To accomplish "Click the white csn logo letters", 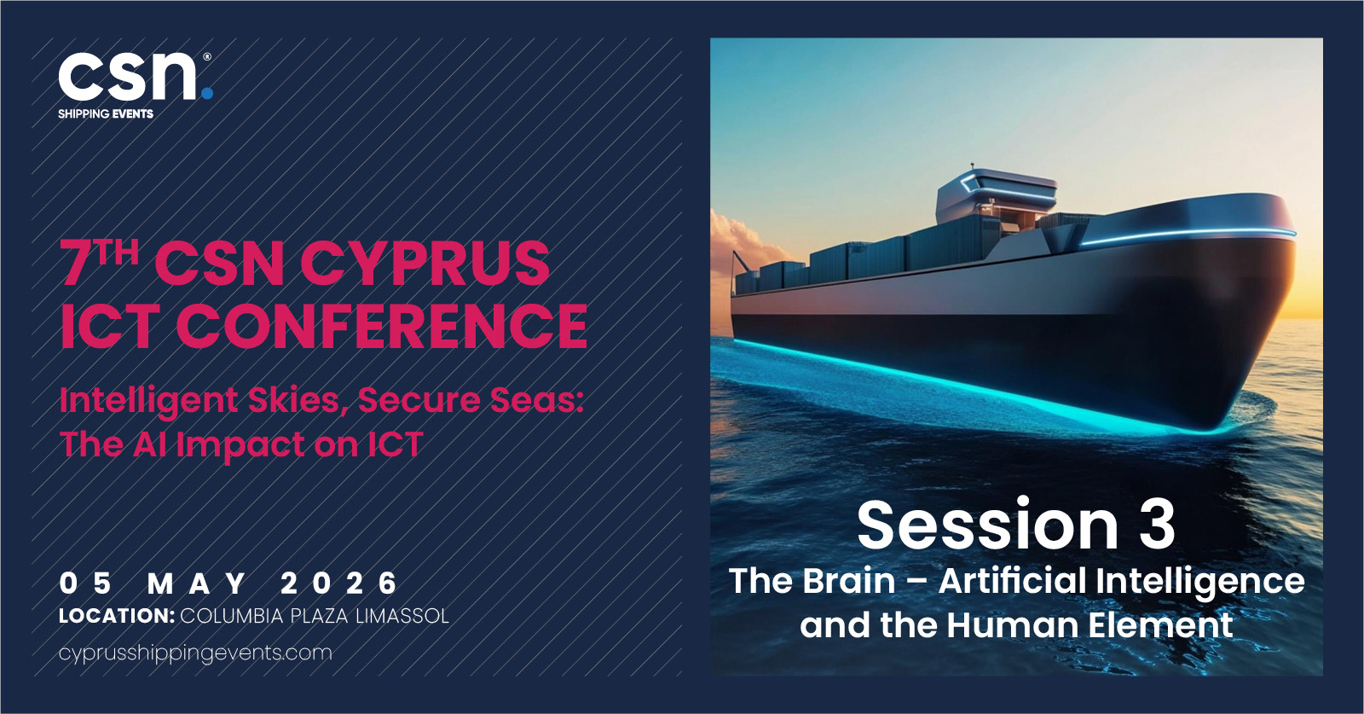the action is click(128, 76).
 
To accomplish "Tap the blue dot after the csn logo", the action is click(207, 93).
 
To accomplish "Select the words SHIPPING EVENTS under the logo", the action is click(106, 114).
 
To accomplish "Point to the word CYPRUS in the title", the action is click(425, 264).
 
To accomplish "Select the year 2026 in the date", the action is click(338, 583).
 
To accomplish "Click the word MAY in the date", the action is click(197, 583).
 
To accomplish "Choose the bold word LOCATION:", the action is click(117, 616).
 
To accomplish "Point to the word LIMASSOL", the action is click(402, 616).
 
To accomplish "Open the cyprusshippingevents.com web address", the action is click(195, 653).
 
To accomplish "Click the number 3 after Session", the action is click(1157, 525).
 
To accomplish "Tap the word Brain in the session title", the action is click(849, 581).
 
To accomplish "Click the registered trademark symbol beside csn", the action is click(207, 56).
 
